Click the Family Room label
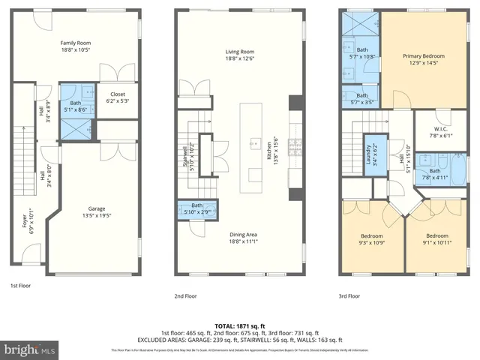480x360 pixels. (75, 43)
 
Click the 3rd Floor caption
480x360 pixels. (349, 295)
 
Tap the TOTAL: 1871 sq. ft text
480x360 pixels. (239, 325)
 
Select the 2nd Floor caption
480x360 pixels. (184, 295)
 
